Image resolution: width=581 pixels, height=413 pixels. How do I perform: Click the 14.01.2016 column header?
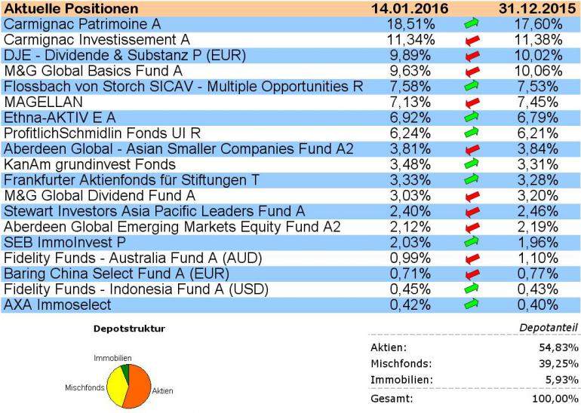click(x=410, y=8)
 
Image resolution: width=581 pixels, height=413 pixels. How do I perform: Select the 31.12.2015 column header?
click(x=536, y=8)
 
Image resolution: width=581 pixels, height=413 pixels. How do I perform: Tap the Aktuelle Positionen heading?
click(x=72, y=8)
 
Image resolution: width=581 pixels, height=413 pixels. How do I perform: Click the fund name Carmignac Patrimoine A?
click(x=82, y=24)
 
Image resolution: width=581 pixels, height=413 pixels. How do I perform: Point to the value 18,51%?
click(x=408, y=24)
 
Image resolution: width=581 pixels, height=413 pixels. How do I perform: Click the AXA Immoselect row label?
click(x=57, y=304)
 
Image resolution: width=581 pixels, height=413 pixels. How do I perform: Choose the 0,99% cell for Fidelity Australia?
click(x=410, y=258)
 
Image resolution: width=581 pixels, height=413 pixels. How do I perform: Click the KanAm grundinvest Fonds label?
click(x=90, y=164)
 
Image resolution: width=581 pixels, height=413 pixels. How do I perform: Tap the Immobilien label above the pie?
click(x=113, y=357)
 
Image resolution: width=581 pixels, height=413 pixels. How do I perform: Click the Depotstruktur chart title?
click(x=128, y=329)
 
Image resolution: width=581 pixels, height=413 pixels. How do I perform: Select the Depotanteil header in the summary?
click(x=549, y=328)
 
